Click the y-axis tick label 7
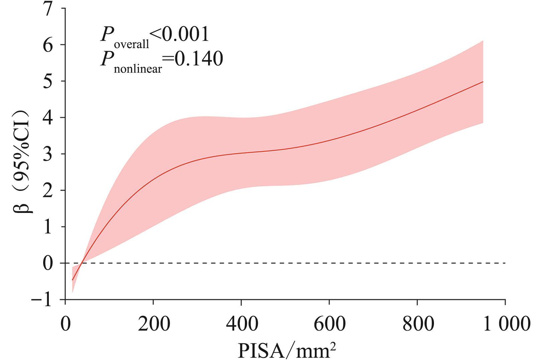point(48,9)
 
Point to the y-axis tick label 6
point(48,45)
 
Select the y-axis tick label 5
point(48,81)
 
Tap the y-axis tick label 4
point(48,118)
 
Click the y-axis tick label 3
point(48,154)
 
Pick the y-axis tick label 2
point(48,191)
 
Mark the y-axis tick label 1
point(48,227)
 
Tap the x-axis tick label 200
point(154,324)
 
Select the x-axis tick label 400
point(242,324)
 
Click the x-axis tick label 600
point(330,324)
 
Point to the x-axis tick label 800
point(418,324)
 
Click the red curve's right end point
point(483,82)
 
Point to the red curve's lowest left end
point(72,280)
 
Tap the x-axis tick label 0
point(65,324)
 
